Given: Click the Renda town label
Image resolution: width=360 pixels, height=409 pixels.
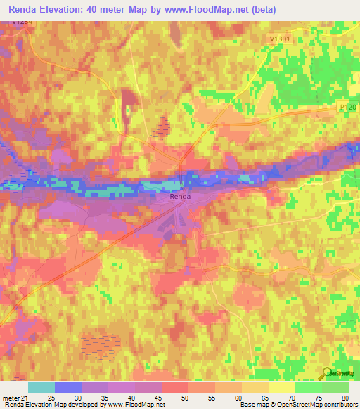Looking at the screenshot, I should coord(179,197).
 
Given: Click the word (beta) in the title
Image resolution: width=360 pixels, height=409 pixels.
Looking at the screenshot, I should coord(263,10).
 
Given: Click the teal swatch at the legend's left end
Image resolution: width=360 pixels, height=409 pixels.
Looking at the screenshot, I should coord(41,387).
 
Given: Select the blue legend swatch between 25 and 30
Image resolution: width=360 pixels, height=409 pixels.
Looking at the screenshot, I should coord(68,387).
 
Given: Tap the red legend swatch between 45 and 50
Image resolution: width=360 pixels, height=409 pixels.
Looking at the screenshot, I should coord(175,387).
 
